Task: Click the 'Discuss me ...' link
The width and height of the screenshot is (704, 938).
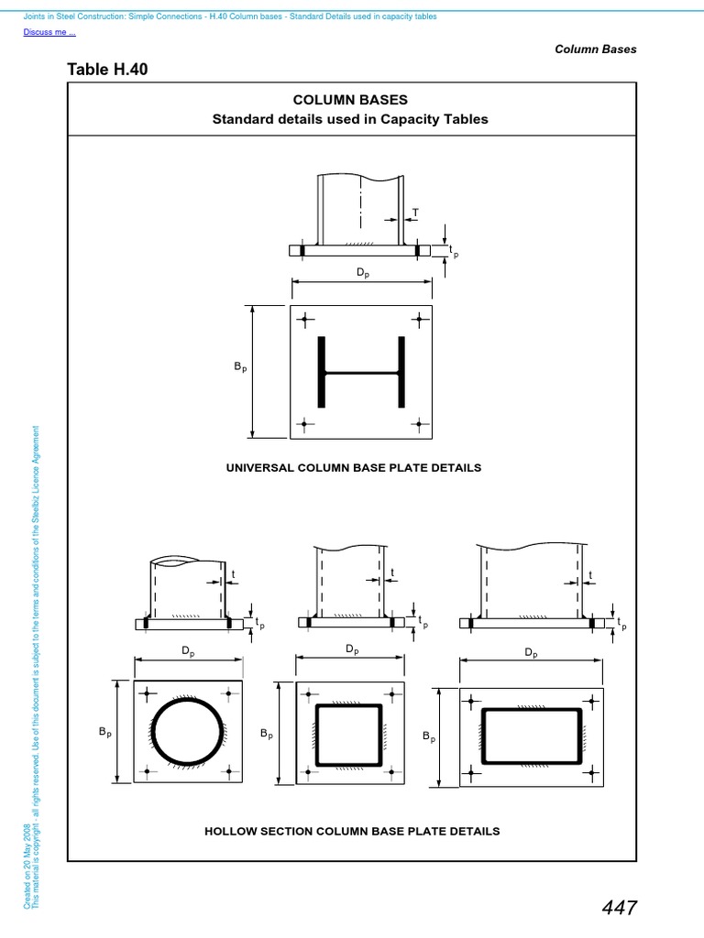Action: [49, 33]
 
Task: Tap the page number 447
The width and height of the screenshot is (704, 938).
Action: [620, 907]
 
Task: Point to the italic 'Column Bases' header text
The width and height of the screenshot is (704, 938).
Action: [595, 49]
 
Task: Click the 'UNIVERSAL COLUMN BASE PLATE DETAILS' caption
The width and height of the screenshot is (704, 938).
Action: [353, 467]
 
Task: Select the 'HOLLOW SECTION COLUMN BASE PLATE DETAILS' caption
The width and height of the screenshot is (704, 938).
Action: [352, 831]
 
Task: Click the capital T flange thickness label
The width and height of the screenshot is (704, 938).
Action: [414, 213]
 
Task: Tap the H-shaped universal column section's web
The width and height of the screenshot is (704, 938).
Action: [361, 373]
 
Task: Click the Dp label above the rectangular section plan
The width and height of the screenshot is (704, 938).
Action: [530, 652]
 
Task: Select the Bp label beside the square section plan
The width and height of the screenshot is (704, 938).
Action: [266, 734]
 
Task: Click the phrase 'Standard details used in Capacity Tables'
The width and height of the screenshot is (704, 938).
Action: [350, 119]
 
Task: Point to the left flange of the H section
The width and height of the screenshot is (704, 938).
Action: [322, 373]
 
